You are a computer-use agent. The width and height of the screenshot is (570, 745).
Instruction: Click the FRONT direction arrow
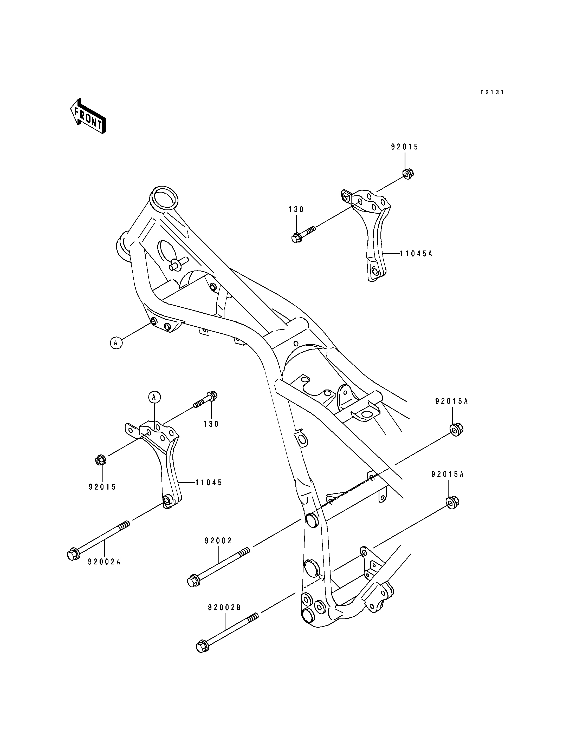[x=88, y=116]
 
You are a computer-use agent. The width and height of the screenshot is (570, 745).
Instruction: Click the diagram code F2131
[x=492, y=92]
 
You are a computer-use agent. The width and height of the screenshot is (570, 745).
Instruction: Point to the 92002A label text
[x=104, y=562]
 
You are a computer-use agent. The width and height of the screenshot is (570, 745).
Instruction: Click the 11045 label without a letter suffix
[x=209, y=483]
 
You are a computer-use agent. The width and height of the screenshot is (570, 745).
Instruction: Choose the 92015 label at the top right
[x=405, y=147]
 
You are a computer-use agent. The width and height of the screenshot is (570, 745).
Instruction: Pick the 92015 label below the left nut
[x=102, y=487]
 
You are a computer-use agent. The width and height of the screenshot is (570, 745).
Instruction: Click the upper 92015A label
[x=452, y=401]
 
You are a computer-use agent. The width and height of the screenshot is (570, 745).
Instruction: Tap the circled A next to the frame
[x=116, y=343]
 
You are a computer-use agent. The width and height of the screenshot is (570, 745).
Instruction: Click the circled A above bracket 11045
[x=154, y=397]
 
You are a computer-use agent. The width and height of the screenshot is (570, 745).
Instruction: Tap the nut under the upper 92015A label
[x=456, y=429]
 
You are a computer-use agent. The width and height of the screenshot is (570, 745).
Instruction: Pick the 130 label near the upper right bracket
[x=296, y=209]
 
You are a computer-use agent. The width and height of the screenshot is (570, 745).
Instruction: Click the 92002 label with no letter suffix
[x=218, y=541]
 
